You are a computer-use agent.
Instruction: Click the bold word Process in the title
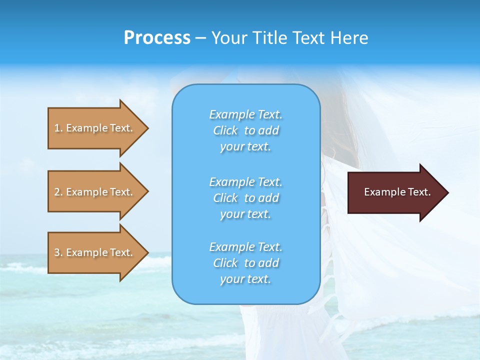157,38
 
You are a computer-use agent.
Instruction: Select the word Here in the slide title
349,38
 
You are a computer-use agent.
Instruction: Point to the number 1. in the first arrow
58,128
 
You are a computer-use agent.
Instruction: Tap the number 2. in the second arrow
58,192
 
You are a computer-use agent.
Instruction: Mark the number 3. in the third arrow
58,252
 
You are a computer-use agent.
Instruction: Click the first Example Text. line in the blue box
245,114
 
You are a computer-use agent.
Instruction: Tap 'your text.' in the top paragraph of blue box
245,147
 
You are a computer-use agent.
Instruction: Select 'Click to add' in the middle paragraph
245,198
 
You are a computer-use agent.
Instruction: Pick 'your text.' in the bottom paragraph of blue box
245,279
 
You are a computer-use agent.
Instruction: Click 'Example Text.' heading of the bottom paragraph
245,247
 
